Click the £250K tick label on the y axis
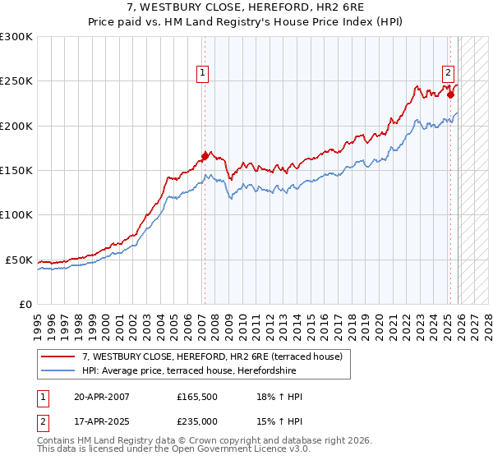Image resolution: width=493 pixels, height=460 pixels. [x=16, y=81]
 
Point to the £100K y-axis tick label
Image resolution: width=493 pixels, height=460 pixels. [x=16, y=215]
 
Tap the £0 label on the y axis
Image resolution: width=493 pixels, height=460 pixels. [x=25, y=304]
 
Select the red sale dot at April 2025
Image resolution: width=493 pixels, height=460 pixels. [x=451, y=94]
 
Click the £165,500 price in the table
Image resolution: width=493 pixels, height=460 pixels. [x=196, y=397]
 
